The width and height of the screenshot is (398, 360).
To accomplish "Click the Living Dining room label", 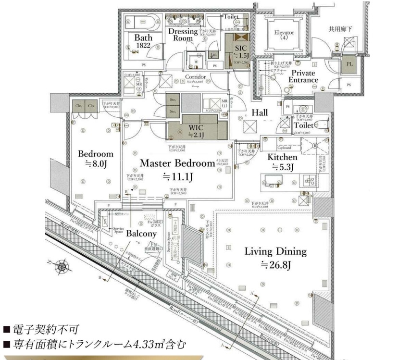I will (275, 251).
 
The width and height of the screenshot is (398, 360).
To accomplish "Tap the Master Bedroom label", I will (177, 163).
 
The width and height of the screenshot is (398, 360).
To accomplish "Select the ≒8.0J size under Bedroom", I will (96, 163).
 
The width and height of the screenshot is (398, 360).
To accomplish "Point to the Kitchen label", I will (282, 157).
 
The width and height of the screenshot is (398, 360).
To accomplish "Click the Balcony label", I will (141, 234).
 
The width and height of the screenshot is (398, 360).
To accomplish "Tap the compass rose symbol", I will (61, 266).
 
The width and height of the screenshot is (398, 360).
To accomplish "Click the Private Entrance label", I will (303, 76).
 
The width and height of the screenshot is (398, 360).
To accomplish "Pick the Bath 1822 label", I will (143, 41).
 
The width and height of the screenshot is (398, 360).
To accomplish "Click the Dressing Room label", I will (183, 34).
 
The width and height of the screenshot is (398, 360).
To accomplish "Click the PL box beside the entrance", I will (348, 64).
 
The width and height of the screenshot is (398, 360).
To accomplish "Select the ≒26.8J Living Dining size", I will (275, 264).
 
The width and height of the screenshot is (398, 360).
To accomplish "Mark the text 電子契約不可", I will (46, 330).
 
